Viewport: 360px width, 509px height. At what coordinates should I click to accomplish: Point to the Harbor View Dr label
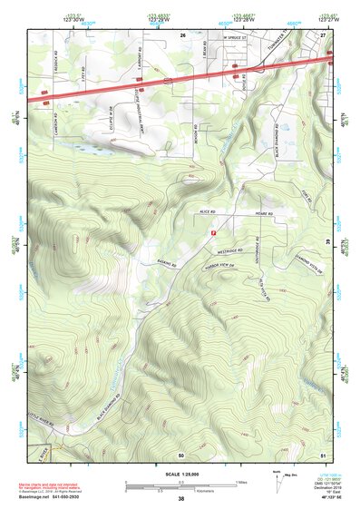pos(222,266)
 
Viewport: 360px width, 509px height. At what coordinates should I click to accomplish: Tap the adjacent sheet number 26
pos(182,34)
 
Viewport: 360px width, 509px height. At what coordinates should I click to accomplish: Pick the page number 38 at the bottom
pos(180,499)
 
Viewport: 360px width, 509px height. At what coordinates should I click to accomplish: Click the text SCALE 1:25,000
pos(180,474)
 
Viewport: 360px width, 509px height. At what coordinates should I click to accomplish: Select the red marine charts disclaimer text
pos(54,481)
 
